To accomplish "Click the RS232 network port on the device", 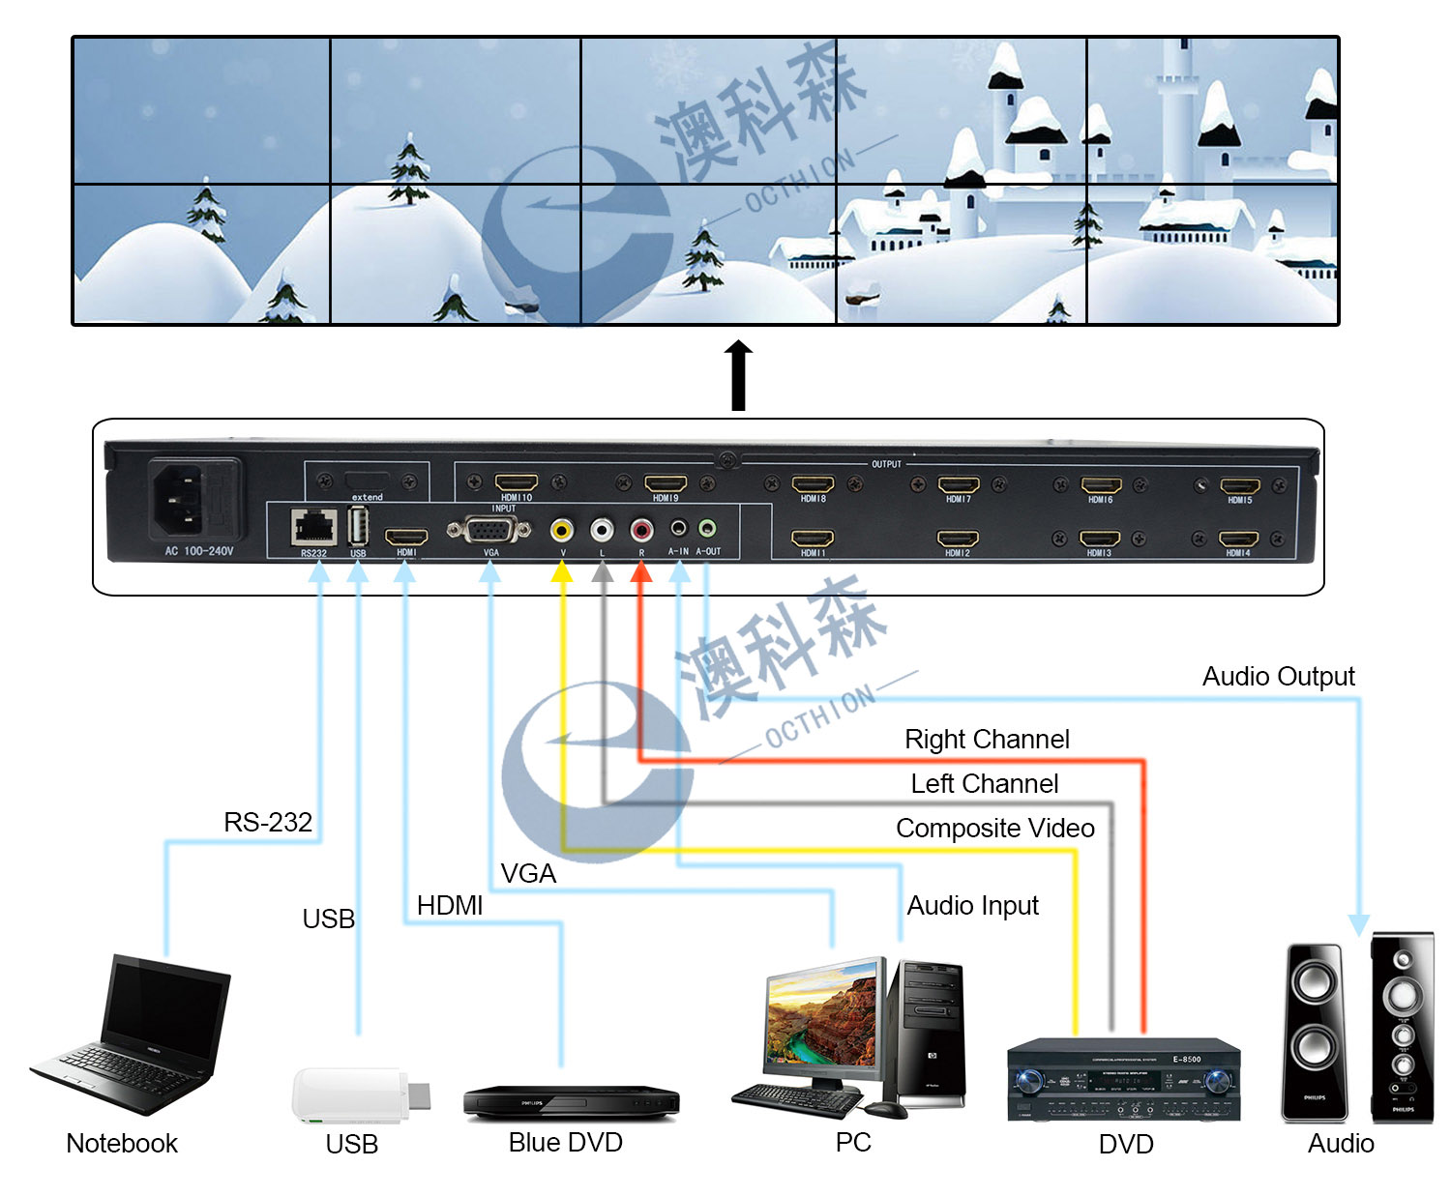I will [313, 528].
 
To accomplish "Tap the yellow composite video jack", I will [562, 530].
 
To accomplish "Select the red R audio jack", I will [641, 530].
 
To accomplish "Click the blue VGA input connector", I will [489, 530].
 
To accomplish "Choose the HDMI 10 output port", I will [517, 482].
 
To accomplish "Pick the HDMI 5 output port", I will [1239, 486].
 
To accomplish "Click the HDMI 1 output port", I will [813, 539].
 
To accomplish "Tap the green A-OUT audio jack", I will [707, 528].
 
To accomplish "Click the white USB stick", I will [357, 1095].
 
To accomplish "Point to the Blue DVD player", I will [571, 1101].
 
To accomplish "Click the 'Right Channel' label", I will [987, 740].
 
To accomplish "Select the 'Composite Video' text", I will [994, 829].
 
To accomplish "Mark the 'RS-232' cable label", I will [268, 823].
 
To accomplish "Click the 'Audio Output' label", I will [1278, 677].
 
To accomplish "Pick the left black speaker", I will [1315, 1033].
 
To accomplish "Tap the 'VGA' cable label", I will [528, 874].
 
